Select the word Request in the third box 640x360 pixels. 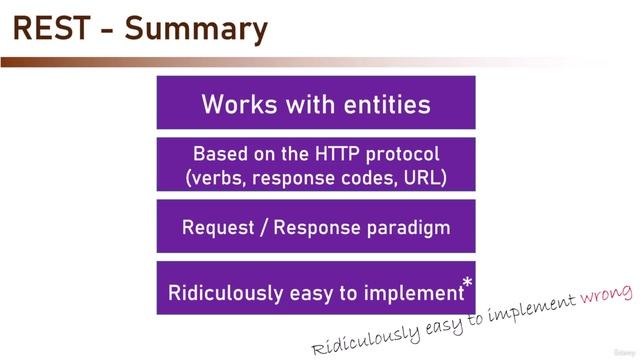pyautogui.click(x=218, y=227)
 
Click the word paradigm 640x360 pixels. pyautogui.click(x=409, y=227)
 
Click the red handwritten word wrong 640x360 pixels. pyautogui.click(x=606, y=294)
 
